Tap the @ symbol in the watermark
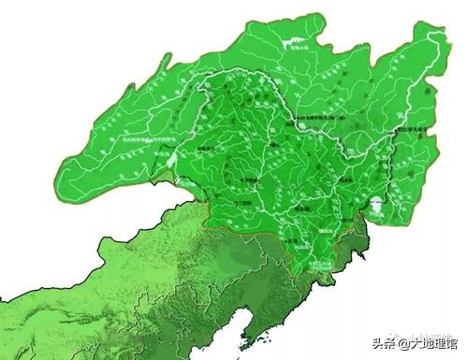394,343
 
